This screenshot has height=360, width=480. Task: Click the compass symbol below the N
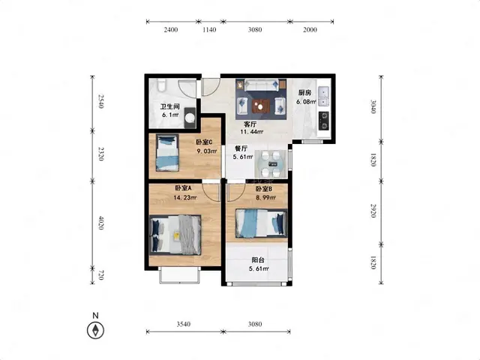click(x=95, y=331)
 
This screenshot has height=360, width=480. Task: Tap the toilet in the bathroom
click(x=161, y=85)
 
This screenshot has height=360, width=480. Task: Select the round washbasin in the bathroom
click(x=190, y=118)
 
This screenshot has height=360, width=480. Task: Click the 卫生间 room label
click(x=170, y=106)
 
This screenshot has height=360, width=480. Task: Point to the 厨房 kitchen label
click(x=305, y=93)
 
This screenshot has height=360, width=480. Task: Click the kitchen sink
click(x=323, y=96)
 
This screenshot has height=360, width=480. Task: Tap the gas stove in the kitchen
click(x=324, y=121)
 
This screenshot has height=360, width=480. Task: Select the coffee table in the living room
click(x=261, y=106)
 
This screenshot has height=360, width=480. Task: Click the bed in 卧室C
click(x=167, y=152)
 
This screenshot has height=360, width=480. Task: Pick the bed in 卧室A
click(x=175, y=235)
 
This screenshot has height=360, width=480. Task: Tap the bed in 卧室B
click(x=261, y=223)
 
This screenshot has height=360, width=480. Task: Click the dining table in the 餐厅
click(x=271, y=163)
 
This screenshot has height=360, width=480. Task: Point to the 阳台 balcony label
click(x=258, y=260)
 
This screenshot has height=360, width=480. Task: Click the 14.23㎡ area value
click(x=185, y=197)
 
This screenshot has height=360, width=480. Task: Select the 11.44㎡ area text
click(x=252, y=132)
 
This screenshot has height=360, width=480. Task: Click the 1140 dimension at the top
click(x=209, y=30)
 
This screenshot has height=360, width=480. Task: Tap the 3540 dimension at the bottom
click(x=183, y=324)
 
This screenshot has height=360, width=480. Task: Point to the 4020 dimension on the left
click(x=101, y=223)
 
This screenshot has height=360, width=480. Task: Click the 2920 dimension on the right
click(x=373, y=211)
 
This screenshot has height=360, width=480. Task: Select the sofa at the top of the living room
click(x=261, y=85)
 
